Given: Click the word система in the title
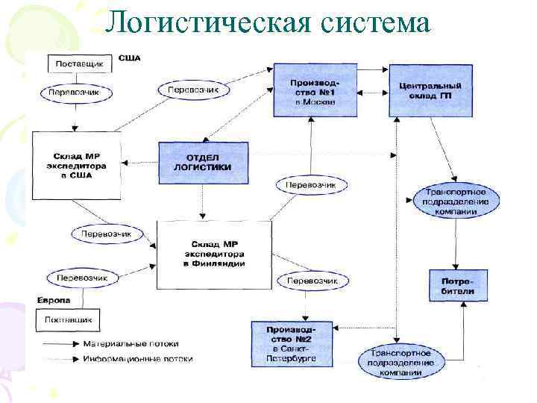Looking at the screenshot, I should [x=377, y=23].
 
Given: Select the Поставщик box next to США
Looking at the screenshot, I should [x=79, y=64].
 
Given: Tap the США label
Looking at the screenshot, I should [x=130, y=58].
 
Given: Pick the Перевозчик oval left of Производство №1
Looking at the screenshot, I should [x=193, y=89].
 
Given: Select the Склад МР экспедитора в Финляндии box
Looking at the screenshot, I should [x=214, y=254].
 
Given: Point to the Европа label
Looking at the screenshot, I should [x=53, y=300].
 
